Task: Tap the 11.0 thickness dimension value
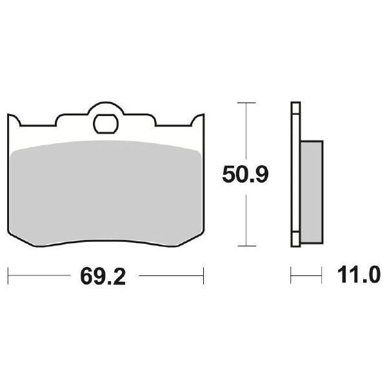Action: pos(354,277)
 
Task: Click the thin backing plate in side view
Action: pos(295,174)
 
